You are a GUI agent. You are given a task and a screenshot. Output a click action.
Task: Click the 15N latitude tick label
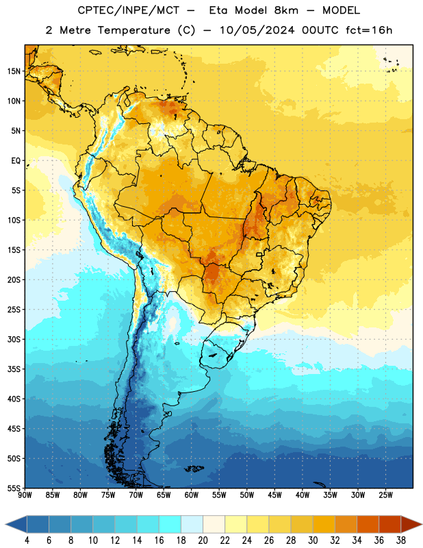coord(14,71)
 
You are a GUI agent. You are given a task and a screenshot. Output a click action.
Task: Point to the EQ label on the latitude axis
coord(16,161)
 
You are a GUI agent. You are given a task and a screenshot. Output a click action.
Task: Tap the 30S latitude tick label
coord(14,339)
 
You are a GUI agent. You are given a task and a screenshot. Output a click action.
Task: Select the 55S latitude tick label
coord(14,488)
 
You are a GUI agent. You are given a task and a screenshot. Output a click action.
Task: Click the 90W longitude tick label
coord(25,495)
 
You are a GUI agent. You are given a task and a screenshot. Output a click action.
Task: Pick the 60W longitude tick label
coord(192,495)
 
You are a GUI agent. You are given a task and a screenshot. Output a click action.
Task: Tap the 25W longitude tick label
coord(385,495)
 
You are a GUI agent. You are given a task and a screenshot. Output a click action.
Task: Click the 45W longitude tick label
coord(274,495)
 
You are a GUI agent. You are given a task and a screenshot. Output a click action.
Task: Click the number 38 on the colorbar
coord(401,540)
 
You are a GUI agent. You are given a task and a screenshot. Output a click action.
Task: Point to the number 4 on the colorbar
coord(27,540)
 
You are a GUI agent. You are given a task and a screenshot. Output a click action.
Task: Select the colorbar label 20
coord(203,540)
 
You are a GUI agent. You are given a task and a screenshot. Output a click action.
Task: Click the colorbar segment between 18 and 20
coord(192,525)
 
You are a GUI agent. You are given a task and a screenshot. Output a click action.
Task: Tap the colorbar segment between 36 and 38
coord(390,525)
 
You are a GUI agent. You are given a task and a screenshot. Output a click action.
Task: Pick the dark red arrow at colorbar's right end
coord(411,525)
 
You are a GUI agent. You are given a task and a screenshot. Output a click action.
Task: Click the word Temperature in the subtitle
coord(133,30)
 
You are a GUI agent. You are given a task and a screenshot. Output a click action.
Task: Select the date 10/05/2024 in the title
coord(257,30)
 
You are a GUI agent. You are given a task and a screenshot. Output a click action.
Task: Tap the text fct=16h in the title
coord(369,30)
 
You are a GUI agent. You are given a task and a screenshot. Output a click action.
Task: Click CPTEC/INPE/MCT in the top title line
coord(128,10)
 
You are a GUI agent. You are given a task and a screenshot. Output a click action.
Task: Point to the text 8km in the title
coord(286,10)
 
